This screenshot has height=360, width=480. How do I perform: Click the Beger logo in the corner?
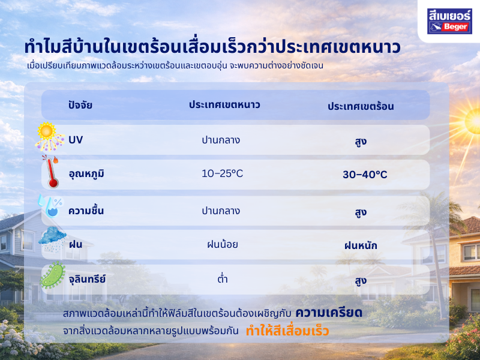pyautogui.click(x=449, y=20)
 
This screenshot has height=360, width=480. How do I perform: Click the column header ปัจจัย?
pyautogui.click(x=80, y=106)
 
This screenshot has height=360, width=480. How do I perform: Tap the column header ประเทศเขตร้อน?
pyautogui.click(x=361, y=106)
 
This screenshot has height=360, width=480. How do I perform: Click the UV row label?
pyautogui.click(x=76, y=140)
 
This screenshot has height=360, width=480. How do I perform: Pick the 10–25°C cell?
pyautogui.click(x=222, y=174)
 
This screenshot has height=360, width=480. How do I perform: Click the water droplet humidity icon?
pyautogui.click(x=49, y=206)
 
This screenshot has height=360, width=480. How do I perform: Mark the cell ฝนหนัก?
pyautogui.click(x=361, y=245)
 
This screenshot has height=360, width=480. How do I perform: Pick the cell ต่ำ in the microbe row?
pyautogui.click(x=221, y=279)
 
